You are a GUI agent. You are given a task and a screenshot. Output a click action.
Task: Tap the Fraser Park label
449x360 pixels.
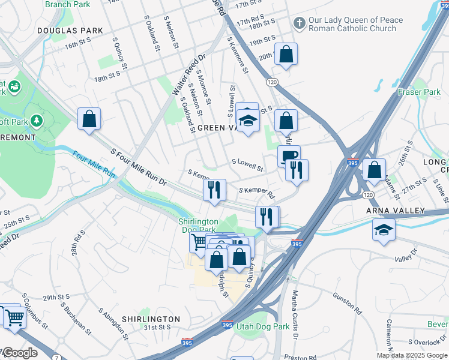point(419,92)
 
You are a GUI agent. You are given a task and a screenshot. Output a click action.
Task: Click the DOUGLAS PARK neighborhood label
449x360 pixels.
point(70,30)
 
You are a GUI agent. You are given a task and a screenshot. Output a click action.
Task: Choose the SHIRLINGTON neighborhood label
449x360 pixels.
point(151,319)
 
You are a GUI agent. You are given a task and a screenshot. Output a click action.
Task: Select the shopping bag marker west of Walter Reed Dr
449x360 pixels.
point(89,119)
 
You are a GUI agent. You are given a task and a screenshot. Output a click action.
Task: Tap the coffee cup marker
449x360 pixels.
point(289,156)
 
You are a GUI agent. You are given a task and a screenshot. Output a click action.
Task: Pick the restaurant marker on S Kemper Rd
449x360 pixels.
point(214,190)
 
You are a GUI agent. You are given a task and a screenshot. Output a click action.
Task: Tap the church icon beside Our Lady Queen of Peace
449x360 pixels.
point(299,23)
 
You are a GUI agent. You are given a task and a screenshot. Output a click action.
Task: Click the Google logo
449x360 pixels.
point(20,353)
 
